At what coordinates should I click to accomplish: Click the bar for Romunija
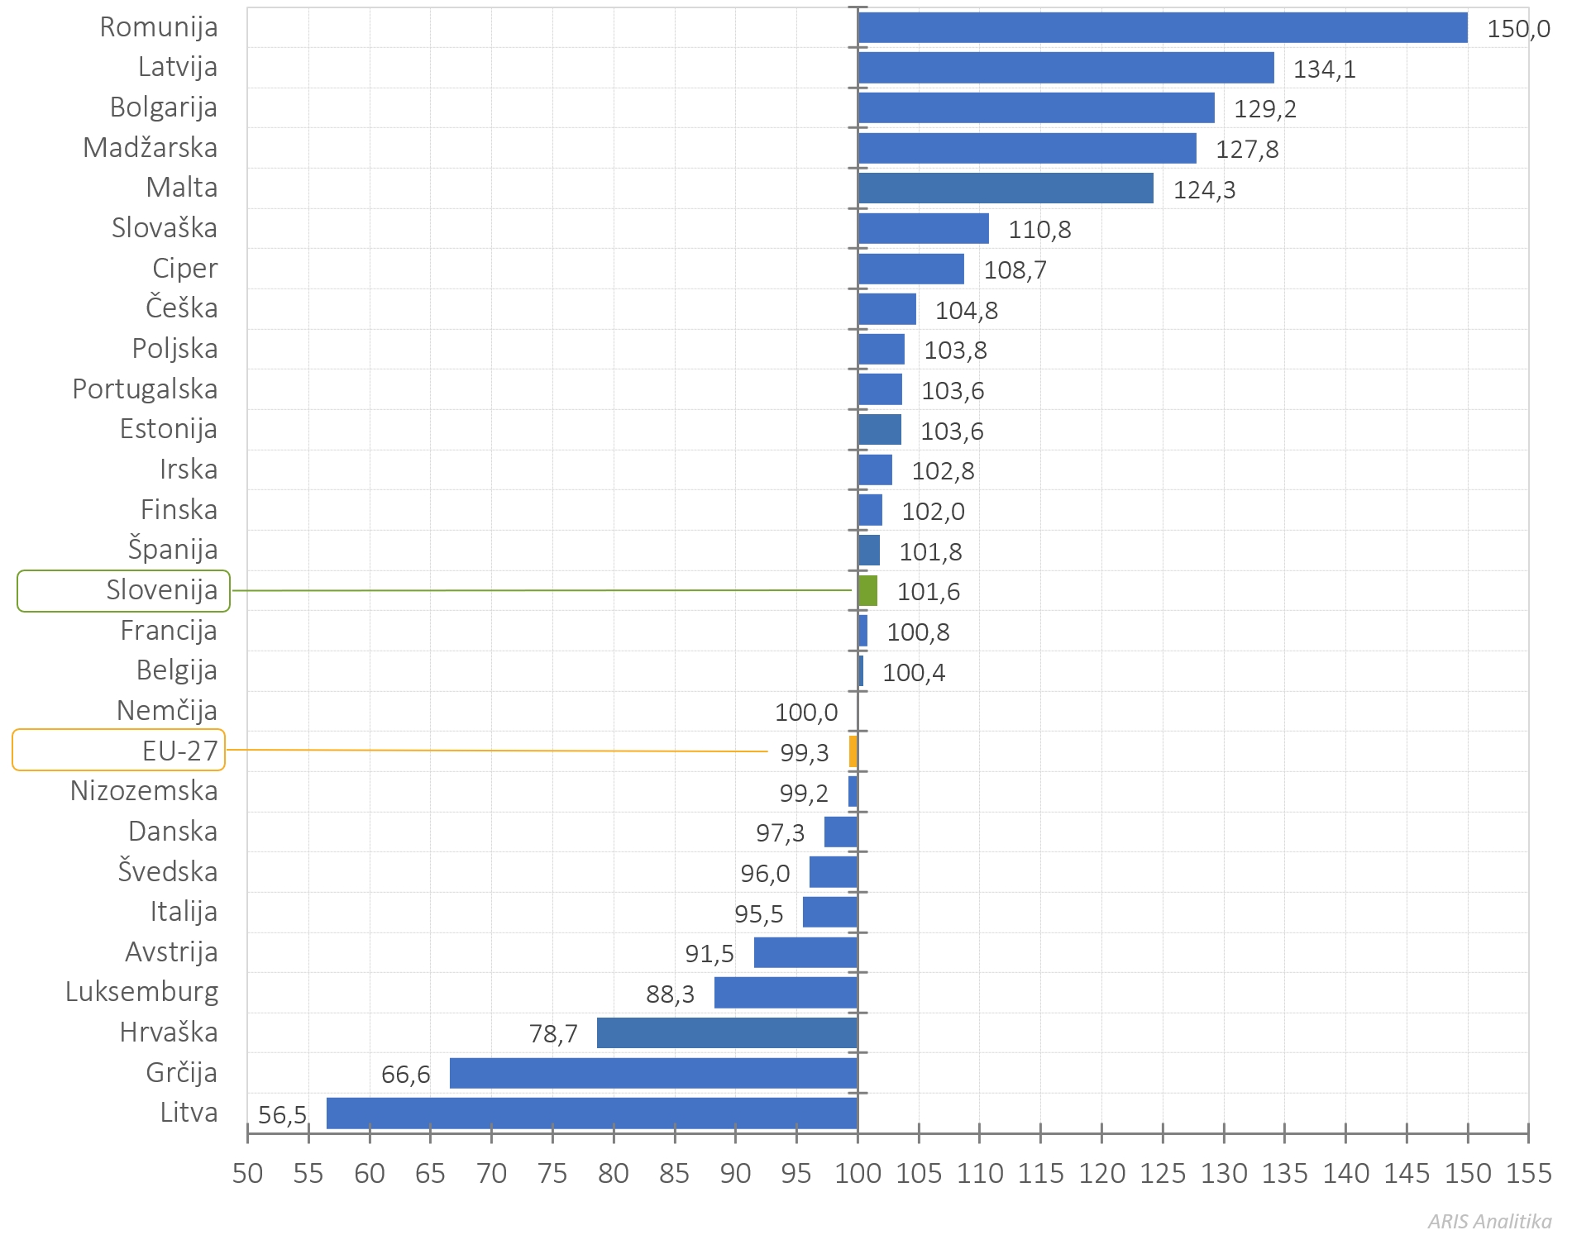tap(1162, 27)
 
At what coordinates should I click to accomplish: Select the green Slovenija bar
tap(867, 591)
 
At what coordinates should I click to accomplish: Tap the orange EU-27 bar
tap(853, 752)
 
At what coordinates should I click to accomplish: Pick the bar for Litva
tap(591, 1113)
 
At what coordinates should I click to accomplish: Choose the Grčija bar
tap(653, 1073)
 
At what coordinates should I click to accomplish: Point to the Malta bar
tap(1005, 188)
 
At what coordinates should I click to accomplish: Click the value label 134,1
tap(1324, 69)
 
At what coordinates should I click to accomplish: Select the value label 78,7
tap(553, 1033)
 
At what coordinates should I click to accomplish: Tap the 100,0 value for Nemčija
tap(805, 712)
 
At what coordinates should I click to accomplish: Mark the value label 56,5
tap(282, 1115)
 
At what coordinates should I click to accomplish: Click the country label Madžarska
tap(151, 148)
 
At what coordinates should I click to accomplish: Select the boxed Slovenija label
tap(161, 590)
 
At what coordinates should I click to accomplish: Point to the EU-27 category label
tap(179, 751)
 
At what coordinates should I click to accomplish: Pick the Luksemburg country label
tap(142, 992)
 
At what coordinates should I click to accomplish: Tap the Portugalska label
tap(145, 389)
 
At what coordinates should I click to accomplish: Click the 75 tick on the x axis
tap(552, 1173)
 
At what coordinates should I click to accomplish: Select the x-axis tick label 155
tap(1528, 1173)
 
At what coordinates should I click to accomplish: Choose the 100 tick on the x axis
tap(858, 1173)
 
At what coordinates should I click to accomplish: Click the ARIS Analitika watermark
tap(1488, 1221)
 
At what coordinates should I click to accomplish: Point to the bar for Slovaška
tap(923, 229)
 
